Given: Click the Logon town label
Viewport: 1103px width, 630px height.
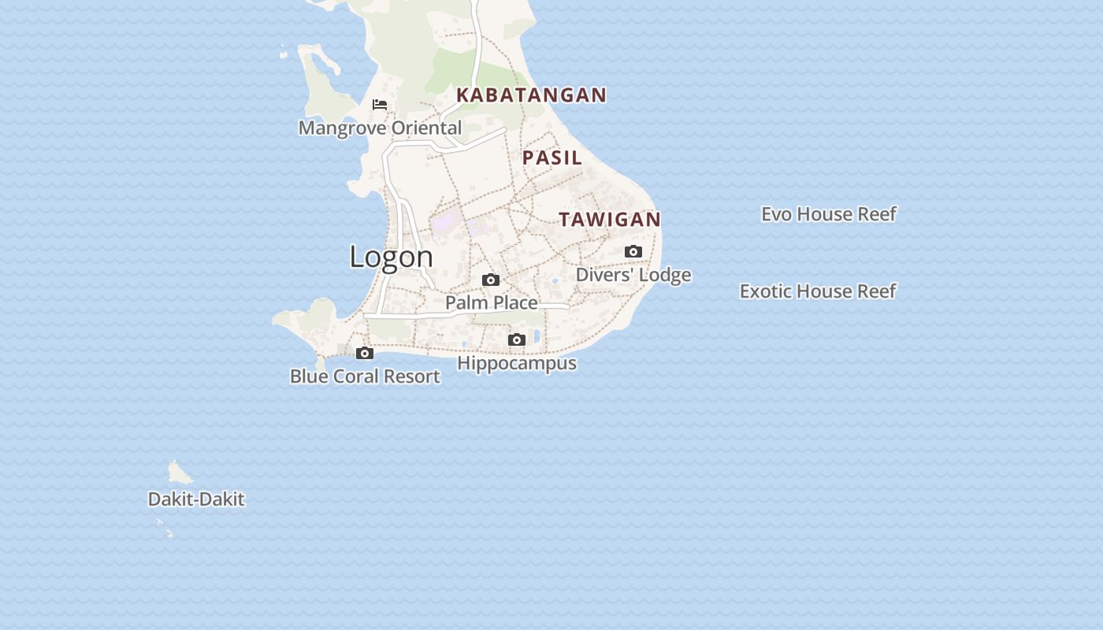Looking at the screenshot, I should pyautogui.click(x=391, y=257).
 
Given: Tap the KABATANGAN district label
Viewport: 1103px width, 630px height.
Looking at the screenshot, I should pyautogui.click(x=531, y=95).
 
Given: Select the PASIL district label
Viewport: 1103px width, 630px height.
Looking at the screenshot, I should pyautogui.click(x=552, y=157).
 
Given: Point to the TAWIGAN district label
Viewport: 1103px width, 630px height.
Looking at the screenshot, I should pyautogui.click(x=610, y=220).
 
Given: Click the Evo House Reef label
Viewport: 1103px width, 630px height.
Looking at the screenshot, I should pyautogui.click(x=828, y=214).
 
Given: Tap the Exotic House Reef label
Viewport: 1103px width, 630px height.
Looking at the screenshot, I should pyautogui.click(x=818, y=291).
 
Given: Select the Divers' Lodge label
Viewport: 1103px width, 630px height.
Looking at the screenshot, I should pyautogui.click(x=633, y=275).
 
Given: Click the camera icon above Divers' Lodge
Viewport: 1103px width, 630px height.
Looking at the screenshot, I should pyautogui.click(x=633, y=252).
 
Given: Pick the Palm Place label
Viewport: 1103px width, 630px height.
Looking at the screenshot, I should pyautogui.click(x=491, y=302).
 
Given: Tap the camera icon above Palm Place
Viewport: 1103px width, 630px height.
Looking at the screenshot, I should pyautogui.click(x=491, y=280).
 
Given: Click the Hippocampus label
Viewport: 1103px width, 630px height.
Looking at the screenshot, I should pyautogui.click(x=517, y=363).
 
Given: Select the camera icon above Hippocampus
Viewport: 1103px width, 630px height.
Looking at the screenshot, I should pyautogui.click(x=517, y=340).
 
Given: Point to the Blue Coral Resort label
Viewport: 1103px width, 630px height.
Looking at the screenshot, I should pyautogui.click(x=365, y=376).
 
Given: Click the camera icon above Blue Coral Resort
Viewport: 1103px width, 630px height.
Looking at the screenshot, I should pyautogui.click(x=365, y=354).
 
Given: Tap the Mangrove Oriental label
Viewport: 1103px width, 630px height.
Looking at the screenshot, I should pyautogui.click(x=380, y=128).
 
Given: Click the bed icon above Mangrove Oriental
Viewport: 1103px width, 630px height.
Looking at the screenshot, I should pyautogui.click(x=380, y=105).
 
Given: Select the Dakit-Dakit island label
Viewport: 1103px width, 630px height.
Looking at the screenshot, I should pyautogui.click(x=196, y=499).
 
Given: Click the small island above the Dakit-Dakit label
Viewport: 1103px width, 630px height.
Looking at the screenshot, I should pyautogui.click(x=179, y=473).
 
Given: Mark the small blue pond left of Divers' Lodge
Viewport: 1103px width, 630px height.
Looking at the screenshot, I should pyautogui.click(x=555, y=280).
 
